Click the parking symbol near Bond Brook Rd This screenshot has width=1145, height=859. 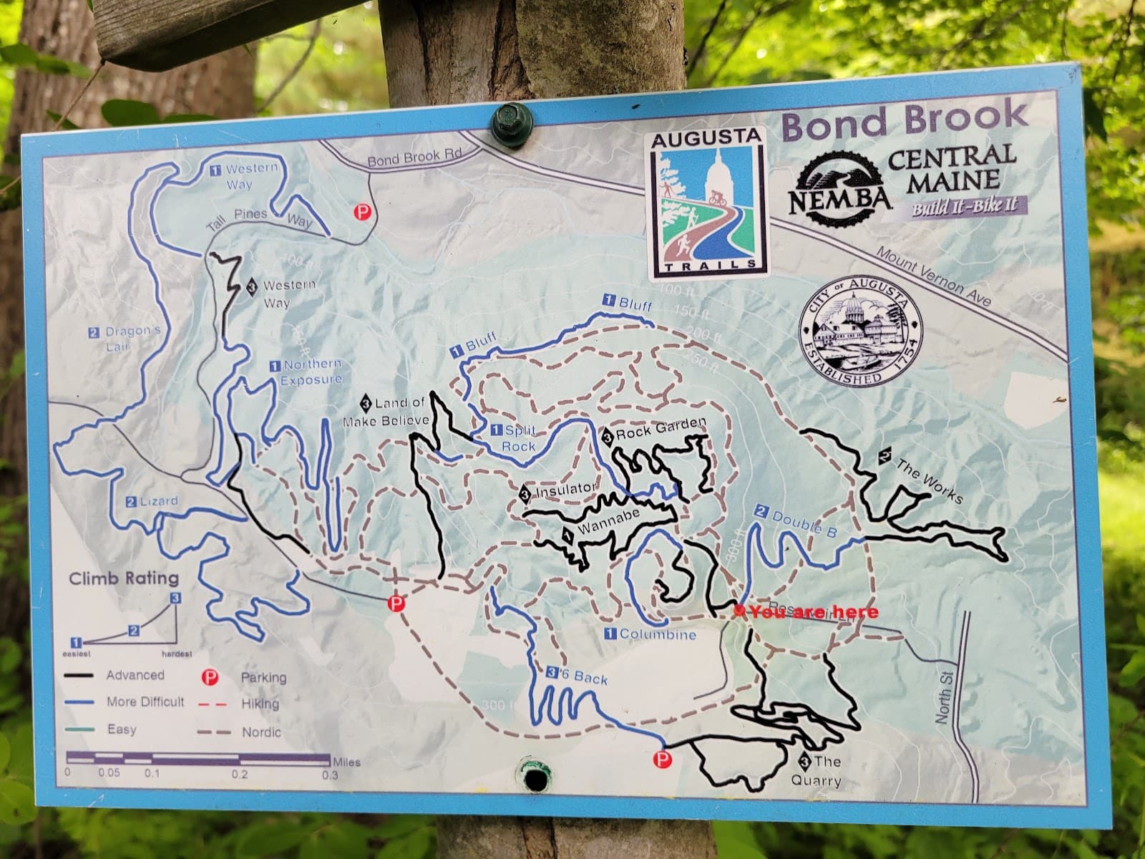point(364,212)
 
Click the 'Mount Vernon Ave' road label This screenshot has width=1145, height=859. point(935,276)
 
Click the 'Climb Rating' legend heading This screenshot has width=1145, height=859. point(124,578)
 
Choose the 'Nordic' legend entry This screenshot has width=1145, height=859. point(261,732)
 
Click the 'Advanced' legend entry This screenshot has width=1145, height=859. point(135,675)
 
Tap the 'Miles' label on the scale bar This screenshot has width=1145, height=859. point(346,762)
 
